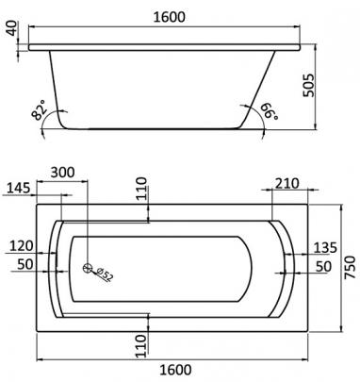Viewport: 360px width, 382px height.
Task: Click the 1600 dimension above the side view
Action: pyautogui.click(x=170, y=17)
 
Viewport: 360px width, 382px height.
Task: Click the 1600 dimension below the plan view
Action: pyautogui.click(x=175, y=370)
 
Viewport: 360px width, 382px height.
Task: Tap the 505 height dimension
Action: pyautogui.click(x=308, y=86)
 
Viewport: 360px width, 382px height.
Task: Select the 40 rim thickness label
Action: pyautogui.click(x=11, y=28)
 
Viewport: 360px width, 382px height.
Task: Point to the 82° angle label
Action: pyautogui.click(x=39, y=110)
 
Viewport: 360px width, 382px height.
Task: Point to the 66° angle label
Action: pyautogui.click(x=269, y=112)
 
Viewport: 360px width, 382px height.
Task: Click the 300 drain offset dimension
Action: pyautogui.click(x=63, y=173)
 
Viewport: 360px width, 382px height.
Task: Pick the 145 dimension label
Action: pyautogui.click(x=19, y=188)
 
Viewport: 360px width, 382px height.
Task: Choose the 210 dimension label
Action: pyautogui.click(x=287, y=184)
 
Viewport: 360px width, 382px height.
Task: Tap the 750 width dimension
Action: pyautogui.click(x=351, y=267)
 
